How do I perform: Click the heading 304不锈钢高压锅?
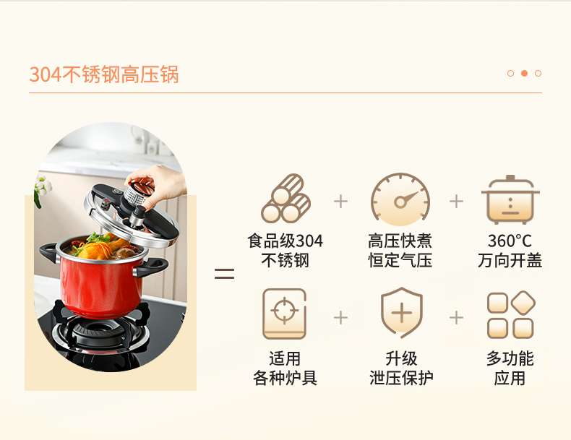(104, 74)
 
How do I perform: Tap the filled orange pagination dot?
(525, 74)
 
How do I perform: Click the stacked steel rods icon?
(285, 199)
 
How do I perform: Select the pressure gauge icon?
(400, 199)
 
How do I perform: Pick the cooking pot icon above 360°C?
(510, 200)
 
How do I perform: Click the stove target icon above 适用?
(284, 314)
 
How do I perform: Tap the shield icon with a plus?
(402, 312)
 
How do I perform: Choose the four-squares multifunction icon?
(511, 315)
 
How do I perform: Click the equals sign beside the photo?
(224, 274)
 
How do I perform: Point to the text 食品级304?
(285, 241)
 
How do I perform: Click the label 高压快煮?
(400, 241)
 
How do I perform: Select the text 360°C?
(510, 241)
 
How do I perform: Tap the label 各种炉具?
(285, 378)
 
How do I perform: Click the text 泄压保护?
(401, 378)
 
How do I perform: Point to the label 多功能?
(510, 358)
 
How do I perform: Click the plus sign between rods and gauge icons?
(341, 202)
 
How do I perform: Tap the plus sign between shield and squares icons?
(456, 318)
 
